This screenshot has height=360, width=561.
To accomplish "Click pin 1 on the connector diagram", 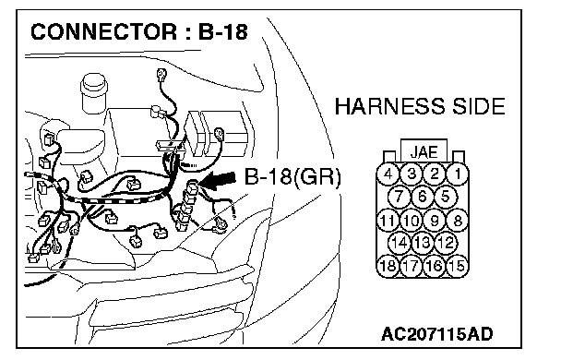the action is pyautogui.click(x=458, y=174).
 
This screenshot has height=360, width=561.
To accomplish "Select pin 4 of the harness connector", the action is pyautogui.click(x=388, y=174).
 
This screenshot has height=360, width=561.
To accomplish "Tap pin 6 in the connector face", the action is pyautogui.click(x=423, y=197).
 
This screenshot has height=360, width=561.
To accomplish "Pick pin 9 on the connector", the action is pyautogui.click(x=435, y=220).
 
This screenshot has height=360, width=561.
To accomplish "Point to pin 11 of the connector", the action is pyautogui.click(x=388, y=220).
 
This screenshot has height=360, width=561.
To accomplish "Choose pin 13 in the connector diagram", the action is pyautogui.click(x=423, y=243).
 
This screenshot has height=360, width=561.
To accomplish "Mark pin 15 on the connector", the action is pyautogui.click(x=458, y=266).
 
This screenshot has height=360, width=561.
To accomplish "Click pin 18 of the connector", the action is pyautogui.click(x=388, y=266).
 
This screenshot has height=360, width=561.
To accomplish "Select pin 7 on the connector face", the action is pyautogui.click(x=399, y=197).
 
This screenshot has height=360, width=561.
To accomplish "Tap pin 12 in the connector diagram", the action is pyautogui.click(x=446, y=243).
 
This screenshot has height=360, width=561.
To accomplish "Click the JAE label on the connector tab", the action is pyautogui.click(x=424, y=152).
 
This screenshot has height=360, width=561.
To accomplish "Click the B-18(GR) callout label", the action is pyautogui.click(x=292, y=176).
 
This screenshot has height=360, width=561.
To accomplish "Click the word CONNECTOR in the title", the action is pyautogui.click(x=103, y=31).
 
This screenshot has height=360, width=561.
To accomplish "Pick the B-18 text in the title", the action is pyautogui.click(x=222, y=31).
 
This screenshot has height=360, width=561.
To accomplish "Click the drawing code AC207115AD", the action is pyautogui.click(x=436, y=334).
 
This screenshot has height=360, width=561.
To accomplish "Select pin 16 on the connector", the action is pyautogui.click(x=435, y=266).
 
